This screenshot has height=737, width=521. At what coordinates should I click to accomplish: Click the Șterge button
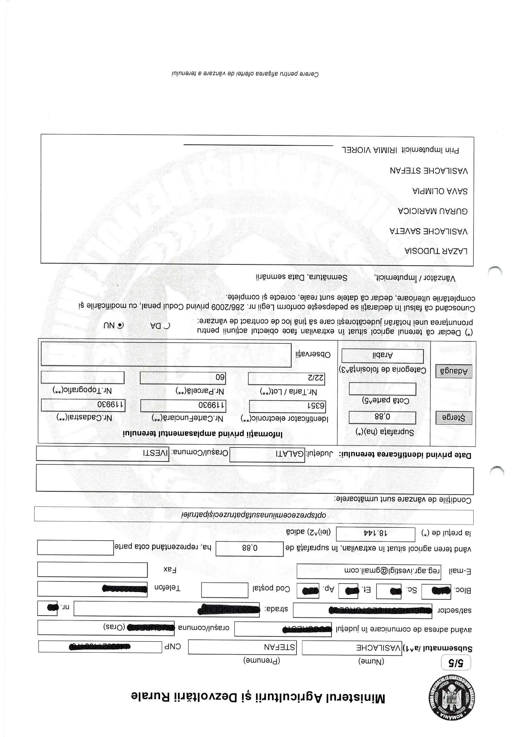[454, 418]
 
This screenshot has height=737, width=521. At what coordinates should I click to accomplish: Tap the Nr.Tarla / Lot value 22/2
[286, 379]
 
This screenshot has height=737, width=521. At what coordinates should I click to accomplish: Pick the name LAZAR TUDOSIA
[436, 251]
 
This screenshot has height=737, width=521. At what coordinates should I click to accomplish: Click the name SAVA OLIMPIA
[440, 191]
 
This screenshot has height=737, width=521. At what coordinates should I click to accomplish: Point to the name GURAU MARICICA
[433, 211]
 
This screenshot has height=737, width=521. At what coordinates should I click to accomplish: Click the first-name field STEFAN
[242, 647]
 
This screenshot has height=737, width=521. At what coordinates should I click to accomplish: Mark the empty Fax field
[92, 570]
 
